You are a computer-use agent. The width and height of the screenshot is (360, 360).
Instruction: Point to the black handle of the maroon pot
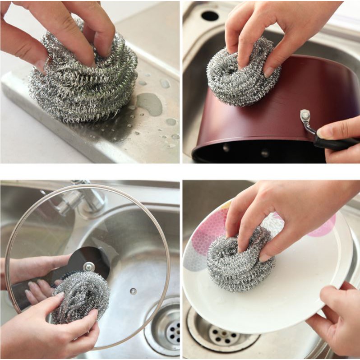pyautogui.click(x=334, y=143)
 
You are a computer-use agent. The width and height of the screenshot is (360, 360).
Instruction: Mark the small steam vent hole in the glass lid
pyautogui.click(x=133, y=291)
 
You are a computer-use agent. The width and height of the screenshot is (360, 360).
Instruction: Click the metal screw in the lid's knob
pyautogui.click(x=89, y=267)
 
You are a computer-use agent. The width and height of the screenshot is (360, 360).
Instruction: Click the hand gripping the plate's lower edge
pyautogui.click(x=334, y=316)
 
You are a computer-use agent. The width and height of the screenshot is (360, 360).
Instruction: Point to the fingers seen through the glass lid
pyautogui.click(x=38, y=289)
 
